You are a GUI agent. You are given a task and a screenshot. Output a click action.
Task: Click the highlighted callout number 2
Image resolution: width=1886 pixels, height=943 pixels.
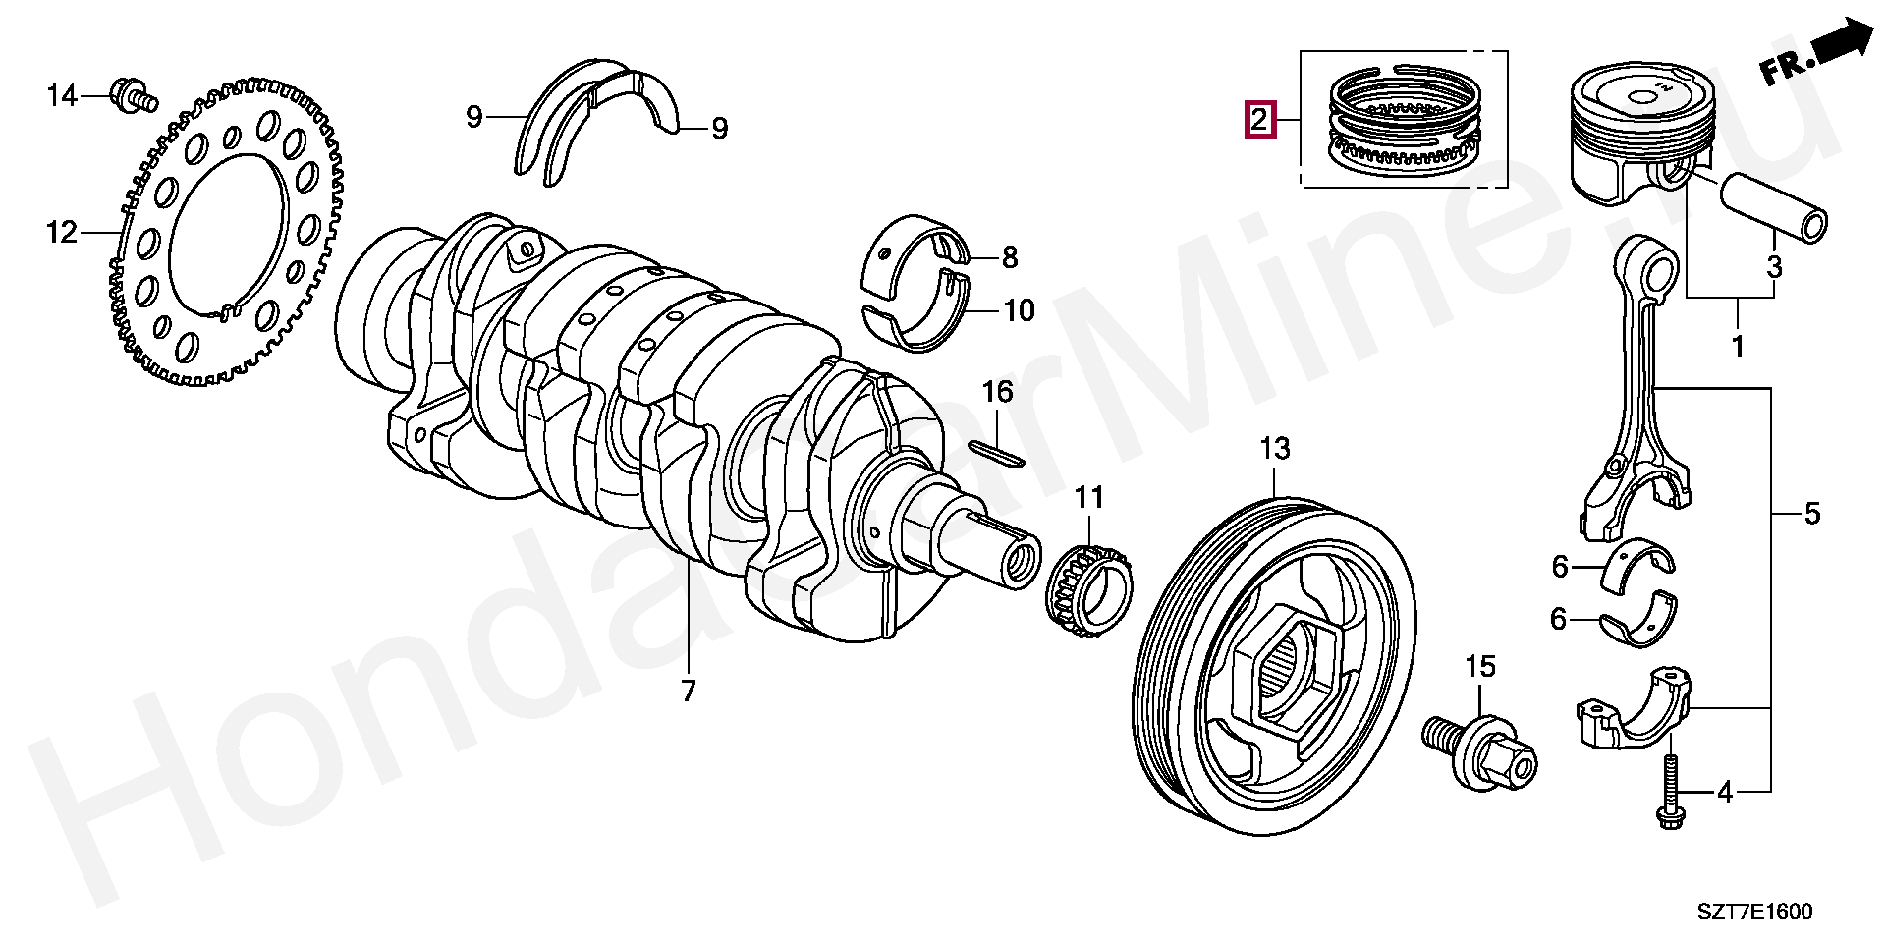(1259, 120)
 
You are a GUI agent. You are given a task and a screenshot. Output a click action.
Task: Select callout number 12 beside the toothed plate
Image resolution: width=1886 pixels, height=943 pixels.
(61, 233)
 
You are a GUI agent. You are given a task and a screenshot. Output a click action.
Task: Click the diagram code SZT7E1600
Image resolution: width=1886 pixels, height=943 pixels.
(1754, 913)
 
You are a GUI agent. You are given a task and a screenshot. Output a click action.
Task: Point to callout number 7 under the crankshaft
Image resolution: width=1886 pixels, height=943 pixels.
(688, 691)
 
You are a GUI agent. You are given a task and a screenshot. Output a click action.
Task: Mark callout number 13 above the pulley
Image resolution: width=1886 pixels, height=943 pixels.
(1274, 450)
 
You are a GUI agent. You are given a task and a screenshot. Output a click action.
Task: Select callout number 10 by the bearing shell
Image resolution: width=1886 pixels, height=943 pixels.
(1019, 311)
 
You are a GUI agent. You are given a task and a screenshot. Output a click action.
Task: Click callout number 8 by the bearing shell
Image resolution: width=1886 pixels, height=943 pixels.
(1010, 258)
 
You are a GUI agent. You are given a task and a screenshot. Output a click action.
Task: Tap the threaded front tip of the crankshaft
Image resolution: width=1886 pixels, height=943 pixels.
(1019, 562)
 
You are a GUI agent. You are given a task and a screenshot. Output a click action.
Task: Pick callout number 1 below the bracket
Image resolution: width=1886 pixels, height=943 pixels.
(1737, 347)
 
